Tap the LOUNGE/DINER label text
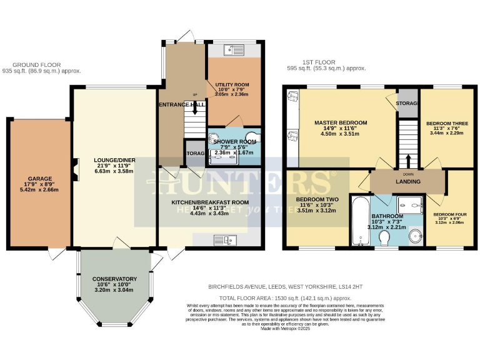pos(113,161)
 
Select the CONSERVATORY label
pos(114,279)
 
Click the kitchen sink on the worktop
pos(223,239)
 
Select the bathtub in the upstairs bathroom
pos(361,222)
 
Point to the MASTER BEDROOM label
pos(340,122)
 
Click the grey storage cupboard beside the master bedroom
pos(407,104)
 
